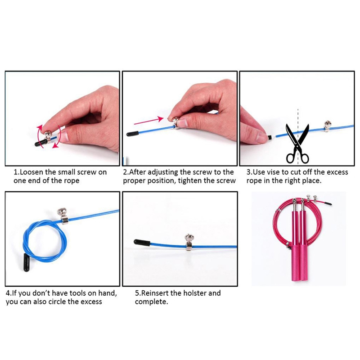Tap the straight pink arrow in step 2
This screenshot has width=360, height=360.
pos(148,121)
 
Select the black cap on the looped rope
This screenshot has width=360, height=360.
pos(27,262)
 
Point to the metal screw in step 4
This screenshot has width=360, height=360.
pos(63,216)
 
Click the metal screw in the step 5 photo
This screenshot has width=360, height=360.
pos(189,242)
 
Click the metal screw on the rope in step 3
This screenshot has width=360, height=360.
pos(328,126)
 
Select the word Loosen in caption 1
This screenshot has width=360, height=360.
pos(31,172)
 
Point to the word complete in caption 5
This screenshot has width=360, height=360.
pos(151,302)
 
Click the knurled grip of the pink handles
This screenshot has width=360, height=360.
pos(300,263)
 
